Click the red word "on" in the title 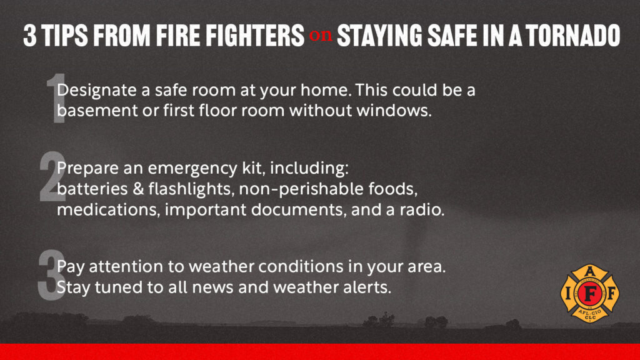point(321,36)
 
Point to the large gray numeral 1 point(56,98)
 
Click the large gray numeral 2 point(52,176)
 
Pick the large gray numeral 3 point(52,275)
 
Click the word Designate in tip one point(97,91)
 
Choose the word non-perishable point(301,189)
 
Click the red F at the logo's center point(590,292)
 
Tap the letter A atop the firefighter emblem point(590,271)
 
